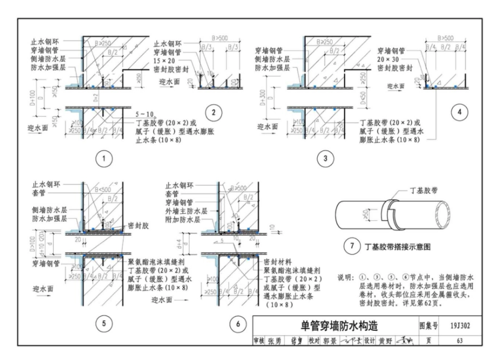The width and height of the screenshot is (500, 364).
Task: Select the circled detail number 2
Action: [x=213, y=112]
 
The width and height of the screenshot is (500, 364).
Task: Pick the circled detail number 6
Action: [x=238, y=324]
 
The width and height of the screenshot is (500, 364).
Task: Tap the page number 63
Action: [x=459, y=340]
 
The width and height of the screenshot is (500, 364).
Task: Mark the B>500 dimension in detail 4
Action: [x=445, y=38]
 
